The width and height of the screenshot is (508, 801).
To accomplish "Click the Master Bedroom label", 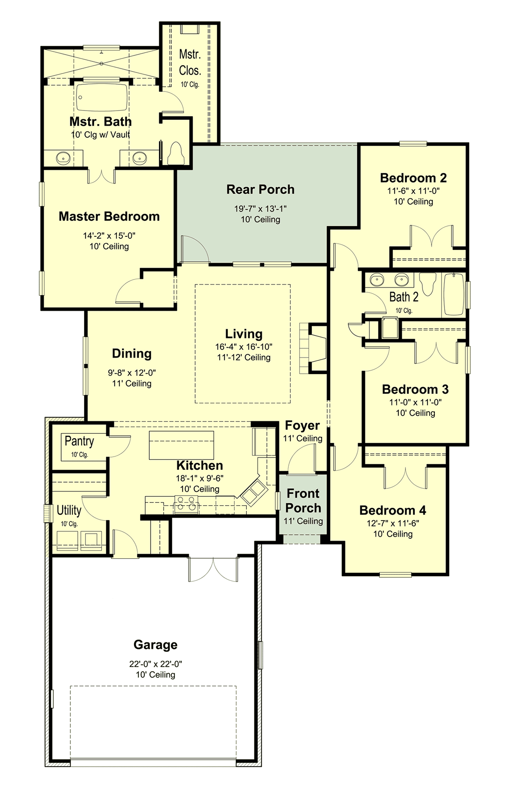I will (109, 216).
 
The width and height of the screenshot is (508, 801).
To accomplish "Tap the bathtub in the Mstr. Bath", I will (102, 97).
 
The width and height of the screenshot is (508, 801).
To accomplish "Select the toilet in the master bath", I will (175, 153).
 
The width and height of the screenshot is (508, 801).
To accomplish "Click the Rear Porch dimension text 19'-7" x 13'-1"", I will (260, 208).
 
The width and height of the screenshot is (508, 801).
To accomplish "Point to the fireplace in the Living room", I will (317, 348).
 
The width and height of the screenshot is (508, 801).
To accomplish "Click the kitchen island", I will (181, 445).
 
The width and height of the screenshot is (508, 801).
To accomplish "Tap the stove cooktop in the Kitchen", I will (186, 504).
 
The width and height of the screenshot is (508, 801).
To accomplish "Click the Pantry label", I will (79, 441).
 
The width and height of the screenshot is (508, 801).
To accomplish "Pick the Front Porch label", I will (303, 501).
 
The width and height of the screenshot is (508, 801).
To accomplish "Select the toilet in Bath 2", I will (428, 283).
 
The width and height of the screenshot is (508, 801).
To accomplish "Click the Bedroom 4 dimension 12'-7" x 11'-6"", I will (392, 523).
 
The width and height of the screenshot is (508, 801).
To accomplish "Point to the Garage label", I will (155, 645).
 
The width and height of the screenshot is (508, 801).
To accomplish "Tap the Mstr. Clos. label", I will (190, 62).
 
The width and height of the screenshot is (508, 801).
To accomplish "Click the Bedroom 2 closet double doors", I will (431, 236).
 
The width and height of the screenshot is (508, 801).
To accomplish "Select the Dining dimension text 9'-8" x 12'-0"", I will (132, 373).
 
